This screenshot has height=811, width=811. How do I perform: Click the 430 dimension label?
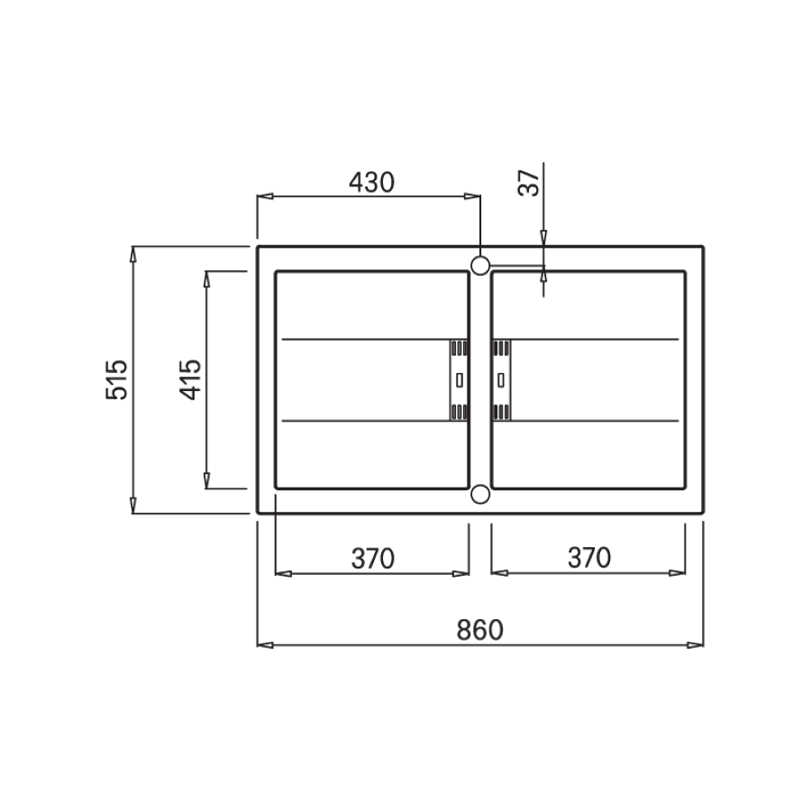[371, 182]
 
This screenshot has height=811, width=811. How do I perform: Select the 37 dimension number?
[528, 183]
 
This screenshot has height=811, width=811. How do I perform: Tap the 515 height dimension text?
[116, 379]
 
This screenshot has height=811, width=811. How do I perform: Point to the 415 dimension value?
[190, 379]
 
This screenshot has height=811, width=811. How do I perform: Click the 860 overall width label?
[479, 630]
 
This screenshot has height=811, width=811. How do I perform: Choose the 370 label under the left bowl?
[372, 559]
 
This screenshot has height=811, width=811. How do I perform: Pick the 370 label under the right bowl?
[589, 558]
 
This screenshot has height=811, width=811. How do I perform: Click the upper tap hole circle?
[480, 265]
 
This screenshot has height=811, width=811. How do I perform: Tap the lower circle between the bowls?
[480, 495]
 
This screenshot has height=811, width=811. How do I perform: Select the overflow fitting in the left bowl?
[459, 380]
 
